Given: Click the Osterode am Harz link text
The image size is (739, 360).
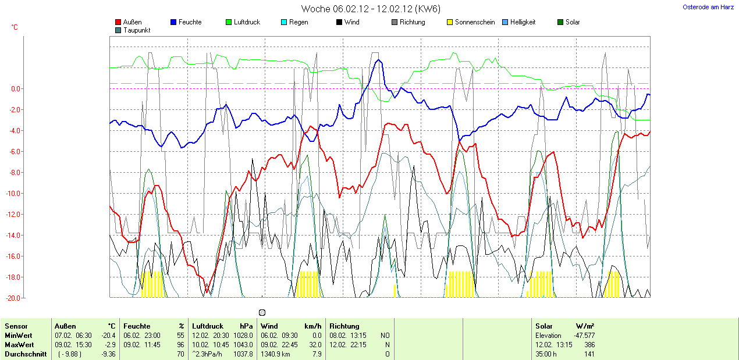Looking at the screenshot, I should pos(708,7).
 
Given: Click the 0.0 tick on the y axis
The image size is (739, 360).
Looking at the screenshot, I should pos(16,89).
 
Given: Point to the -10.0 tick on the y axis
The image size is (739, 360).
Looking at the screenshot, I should pos(14,194).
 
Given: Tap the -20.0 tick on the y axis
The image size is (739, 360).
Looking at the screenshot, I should pos(14,298).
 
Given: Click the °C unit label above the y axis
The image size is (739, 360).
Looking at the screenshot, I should pos(15,27).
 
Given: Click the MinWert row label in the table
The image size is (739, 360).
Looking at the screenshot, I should pos(19,336).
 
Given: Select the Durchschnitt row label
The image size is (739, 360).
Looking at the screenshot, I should pos(26,354).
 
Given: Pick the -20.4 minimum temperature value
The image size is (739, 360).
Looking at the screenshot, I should pos(109,336).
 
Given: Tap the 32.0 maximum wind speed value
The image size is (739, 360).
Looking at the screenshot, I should pos(315,344).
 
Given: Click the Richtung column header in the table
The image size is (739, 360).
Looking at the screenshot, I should pos(344,326).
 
